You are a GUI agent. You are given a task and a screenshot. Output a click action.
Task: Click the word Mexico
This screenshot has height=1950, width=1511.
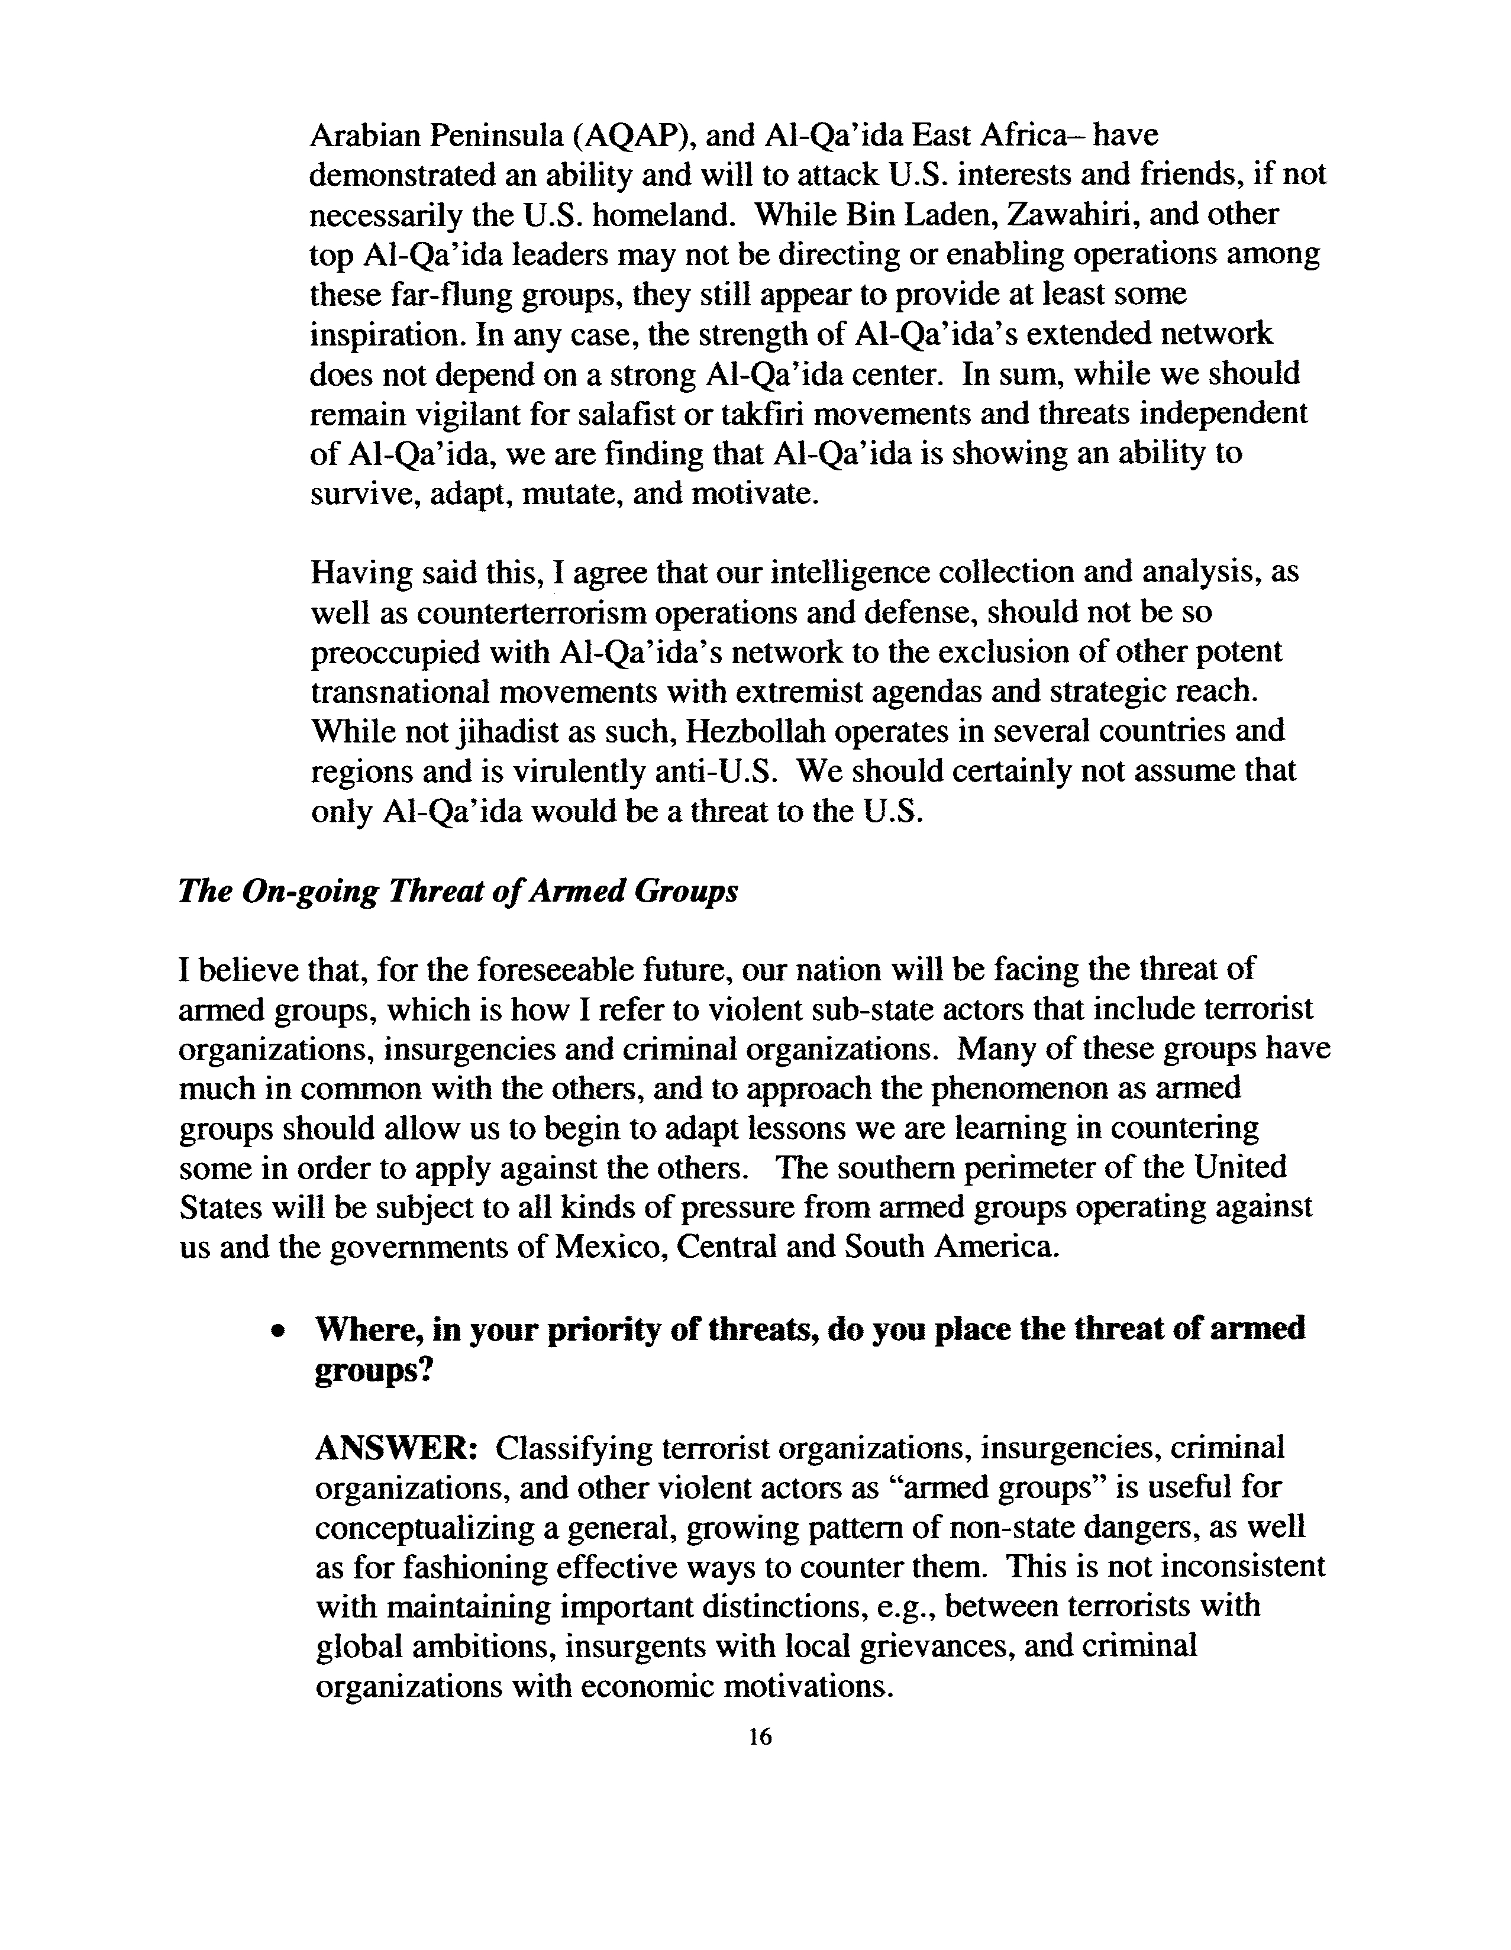tap(611, 1247)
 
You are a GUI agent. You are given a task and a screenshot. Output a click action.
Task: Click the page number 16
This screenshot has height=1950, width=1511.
tap(760, 1736)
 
